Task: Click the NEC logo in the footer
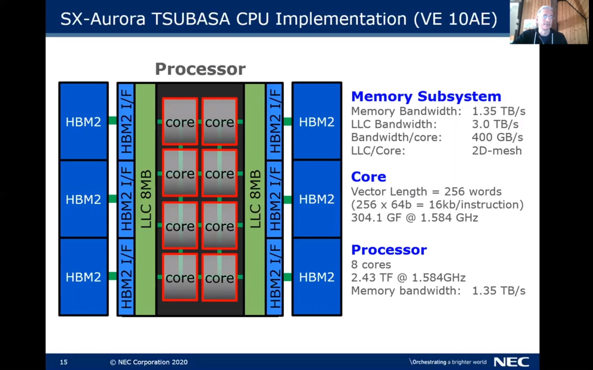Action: point(511,362)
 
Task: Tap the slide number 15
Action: point(63,362)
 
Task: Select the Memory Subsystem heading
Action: point(426,96)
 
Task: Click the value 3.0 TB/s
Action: point(495,124)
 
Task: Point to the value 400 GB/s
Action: point(497,137)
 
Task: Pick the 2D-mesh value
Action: point(497,151)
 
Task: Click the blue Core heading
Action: point(368,177)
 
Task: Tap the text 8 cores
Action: point(371,264)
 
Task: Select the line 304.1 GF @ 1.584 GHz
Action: point(414,218)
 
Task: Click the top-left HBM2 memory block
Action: point(83,122)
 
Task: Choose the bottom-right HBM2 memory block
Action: point(317,277)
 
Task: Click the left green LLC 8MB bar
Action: point(145,199)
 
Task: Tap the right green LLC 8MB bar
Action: point(254,199)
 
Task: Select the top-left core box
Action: point(180,122)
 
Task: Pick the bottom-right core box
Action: point(220,277)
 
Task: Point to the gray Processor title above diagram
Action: point(200,69)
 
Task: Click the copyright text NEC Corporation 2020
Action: point(149,362)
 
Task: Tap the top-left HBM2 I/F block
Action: point(126,122)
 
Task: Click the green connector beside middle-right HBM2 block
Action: point(287,199)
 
